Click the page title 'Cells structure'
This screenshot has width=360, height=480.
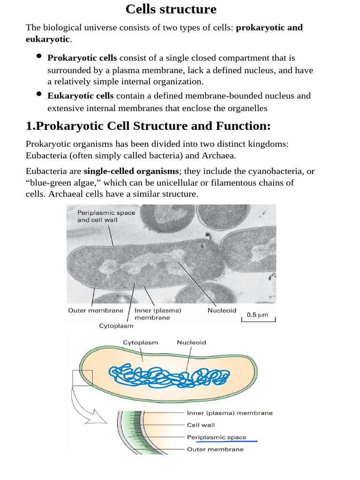coord(171,9)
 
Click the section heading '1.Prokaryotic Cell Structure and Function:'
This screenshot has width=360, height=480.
coord(148,127)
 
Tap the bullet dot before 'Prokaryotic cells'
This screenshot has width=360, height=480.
coord(39,57)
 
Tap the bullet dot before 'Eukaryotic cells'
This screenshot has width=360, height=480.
coord(39,94)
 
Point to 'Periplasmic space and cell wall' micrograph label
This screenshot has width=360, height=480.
coord(106,216)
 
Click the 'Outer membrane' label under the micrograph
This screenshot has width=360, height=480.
coord(96,310)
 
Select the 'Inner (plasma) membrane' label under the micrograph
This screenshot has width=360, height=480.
coord(158,314)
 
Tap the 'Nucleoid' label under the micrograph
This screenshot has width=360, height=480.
coord(222,310)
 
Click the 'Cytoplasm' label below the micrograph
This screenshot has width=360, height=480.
coord(116,326)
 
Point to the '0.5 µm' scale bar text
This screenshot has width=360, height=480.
coord(257,315)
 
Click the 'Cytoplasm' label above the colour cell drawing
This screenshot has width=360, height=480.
coord(140,343)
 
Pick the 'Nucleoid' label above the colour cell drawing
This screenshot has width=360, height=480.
coord(191,343)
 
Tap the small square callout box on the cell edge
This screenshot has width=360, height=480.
coord(82,378)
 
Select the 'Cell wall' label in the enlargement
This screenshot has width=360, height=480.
coord(201,425)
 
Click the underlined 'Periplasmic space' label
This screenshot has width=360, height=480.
coord(217,437)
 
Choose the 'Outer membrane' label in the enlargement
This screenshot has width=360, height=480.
coord(215,449)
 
